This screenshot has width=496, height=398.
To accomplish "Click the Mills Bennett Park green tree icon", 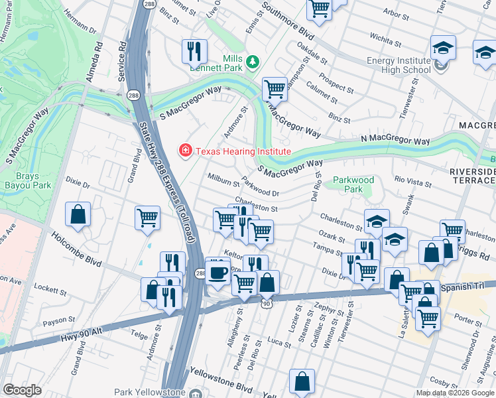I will coord(252,62).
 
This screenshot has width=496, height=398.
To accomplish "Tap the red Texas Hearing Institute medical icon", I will coord(186,151).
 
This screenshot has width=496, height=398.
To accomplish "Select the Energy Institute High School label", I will coord(399,65).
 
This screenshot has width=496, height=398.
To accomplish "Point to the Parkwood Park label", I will coord(353,184).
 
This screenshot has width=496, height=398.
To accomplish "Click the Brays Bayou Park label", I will coord(32,182).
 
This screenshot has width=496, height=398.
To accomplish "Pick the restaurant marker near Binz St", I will coord(194,51).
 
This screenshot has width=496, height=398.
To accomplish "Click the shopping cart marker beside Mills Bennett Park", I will coord(274,89).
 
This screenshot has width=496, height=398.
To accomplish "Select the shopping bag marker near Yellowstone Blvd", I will coord(302,382).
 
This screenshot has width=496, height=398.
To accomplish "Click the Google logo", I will coord(22,390).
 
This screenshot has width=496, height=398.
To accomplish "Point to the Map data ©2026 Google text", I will coord(455,393).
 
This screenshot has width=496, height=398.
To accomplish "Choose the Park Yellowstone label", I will coord(149,392).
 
